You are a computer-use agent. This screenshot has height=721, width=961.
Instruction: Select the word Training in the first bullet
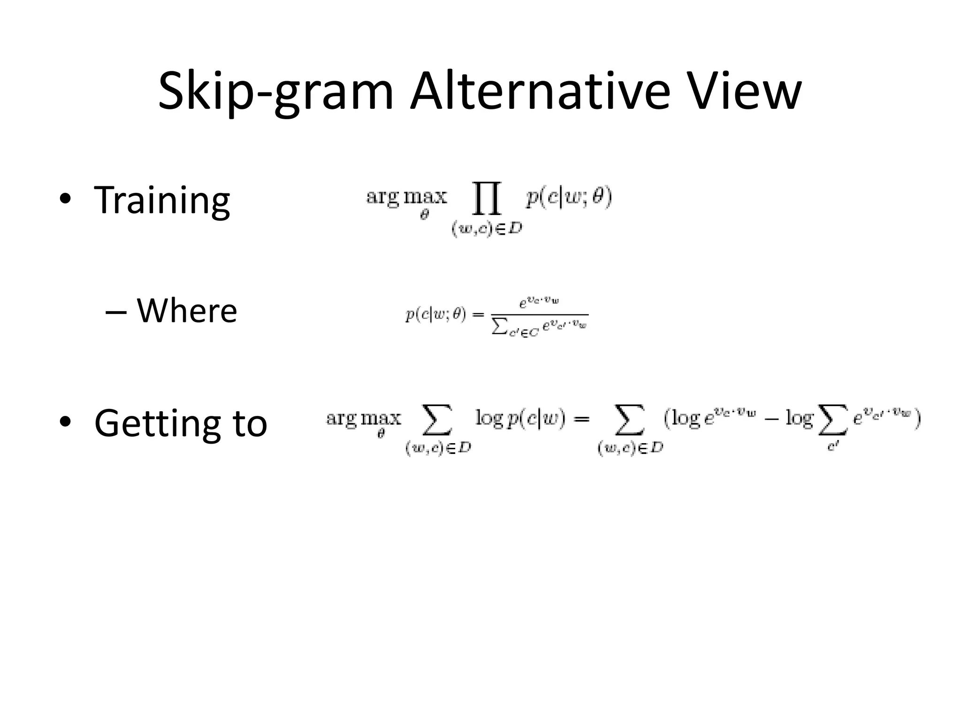click(162, 200)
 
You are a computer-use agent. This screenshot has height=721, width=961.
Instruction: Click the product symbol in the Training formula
click(487, 199)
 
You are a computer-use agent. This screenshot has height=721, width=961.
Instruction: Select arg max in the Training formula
click(406, 197)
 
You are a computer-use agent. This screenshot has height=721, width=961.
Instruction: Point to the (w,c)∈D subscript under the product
click(487, 230)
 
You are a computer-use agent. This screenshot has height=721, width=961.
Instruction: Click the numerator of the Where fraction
click(538, 303)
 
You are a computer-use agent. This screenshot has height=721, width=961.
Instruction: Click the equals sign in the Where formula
click(478, 315)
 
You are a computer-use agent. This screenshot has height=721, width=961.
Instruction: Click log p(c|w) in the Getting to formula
click(521, 418)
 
